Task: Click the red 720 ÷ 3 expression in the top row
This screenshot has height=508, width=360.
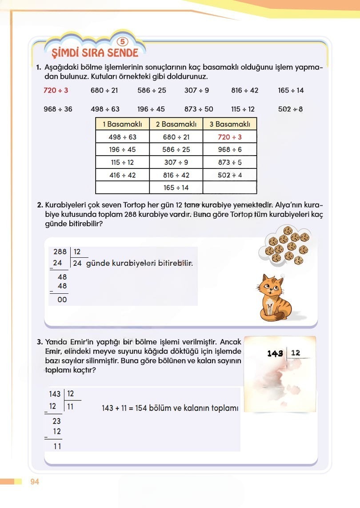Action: point(56,90)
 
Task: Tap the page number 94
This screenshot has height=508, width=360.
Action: point(35,482)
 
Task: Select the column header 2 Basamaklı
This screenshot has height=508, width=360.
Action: point(176,124)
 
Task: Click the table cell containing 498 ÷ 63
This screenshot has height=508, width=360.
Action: point(123,137)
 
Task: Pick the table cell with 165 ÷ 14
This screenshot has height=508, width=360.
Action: point(176,188)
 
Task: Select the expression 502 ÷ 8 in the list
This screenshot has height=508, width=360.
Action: point(291,109)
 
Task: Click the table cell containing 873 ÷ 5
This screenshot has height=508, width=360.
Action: point(230,162)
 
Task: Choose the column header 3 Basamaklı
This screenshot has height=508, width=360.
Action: point(230,124)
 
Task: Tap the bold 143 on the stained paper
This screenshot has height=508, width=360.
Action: point(276,353)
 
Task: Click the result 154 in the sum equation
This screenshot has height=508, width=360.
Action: point(142,408)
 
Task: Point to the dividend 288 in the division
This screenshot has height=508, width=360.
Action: point(59,252)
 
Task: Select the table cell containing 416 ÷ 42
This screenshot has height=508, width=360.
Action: point(123,175)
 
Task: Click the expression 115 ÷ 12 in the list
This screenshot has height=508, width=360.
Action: point(243,109)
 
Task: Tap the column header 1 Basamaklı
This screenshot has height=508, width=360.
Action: point(123,124)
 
